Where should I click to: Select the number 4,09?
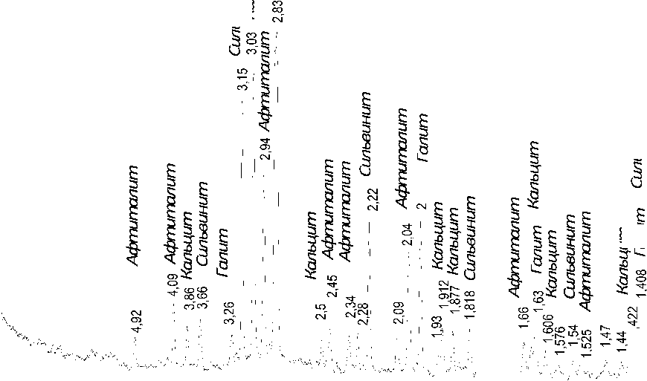[174, 305]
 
